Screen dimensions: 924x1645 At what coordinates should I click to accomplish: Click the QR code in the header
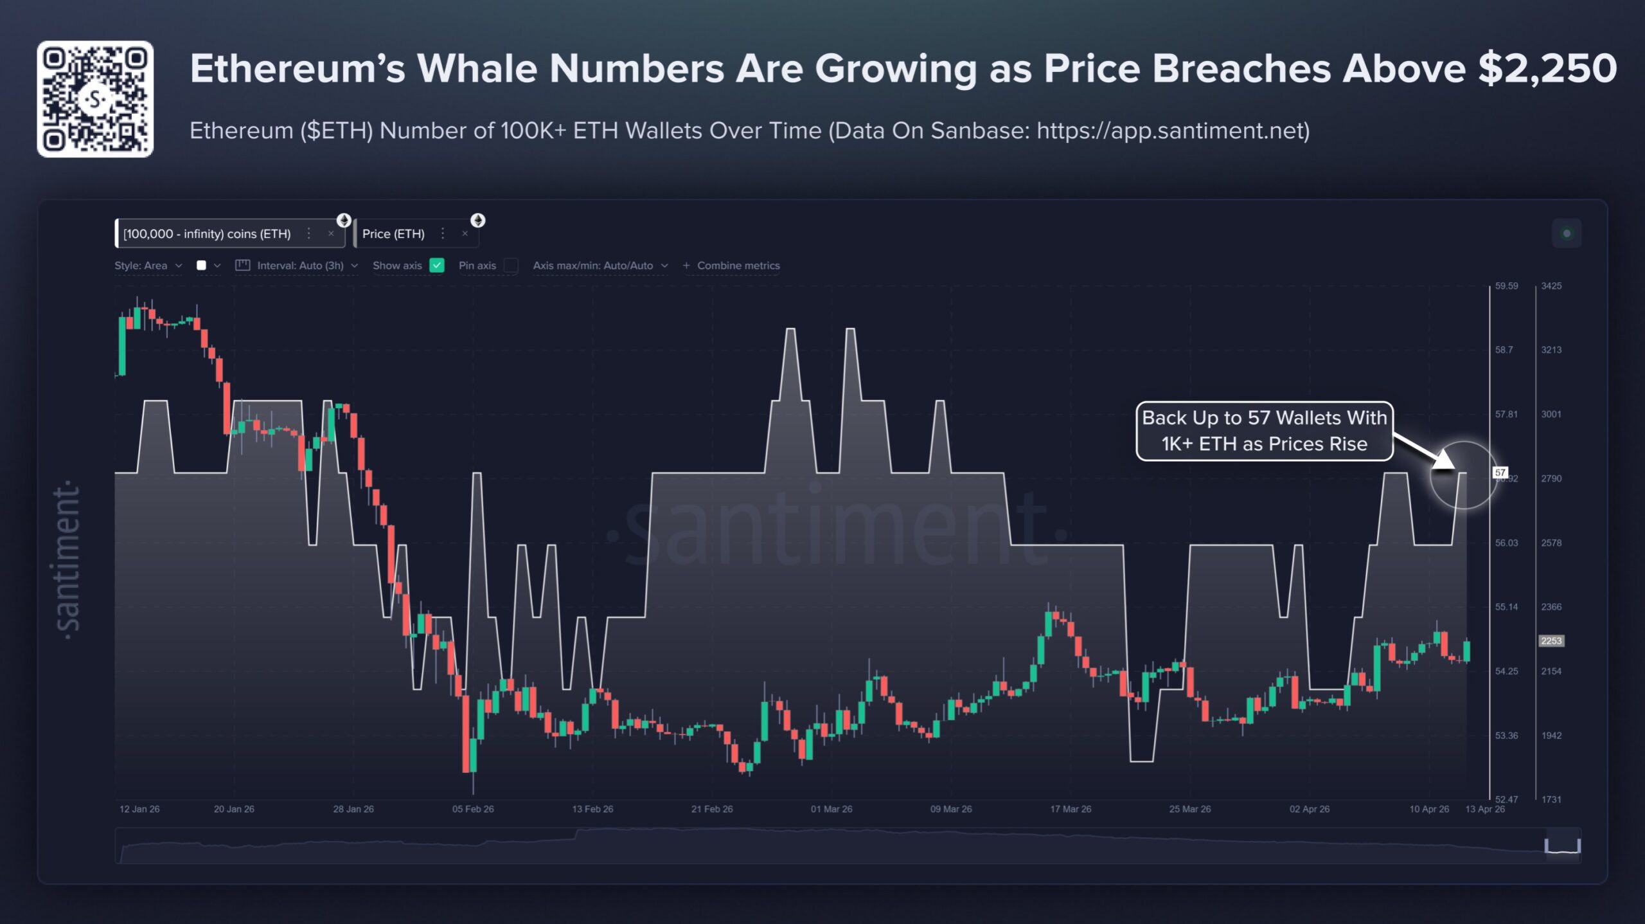click(x=95, y=99)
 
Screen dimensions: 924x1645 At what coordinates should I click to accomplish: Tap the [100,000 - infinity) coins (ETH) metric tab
click(x=207, y=234)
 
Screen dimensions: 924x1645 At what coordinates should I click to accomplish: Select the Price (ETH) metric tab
click(x=393, y=234)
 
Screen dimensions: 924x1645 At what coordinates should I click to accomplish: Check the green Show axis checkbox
click(x=437, y=266)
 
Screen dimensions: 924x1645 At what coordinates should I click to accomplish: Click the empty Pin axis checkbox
click(x=511, y=266)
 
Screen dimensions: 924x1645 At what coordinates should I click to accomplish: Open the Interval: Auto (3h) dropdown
click(x=299, y=266)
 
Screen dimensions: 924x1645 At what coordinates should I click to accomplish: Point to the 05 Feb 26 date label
click(x=473, y=809)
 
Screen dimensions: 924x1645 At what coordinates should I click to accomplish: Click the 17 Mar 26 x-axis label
click(x=1071, y=809)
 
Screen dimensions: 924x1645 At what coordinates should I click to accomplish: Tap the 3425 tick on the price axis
click(x=1551, y=286)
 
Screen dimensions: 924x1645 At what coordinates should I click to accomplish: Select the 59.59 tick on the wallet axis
click(x=1506, y=286)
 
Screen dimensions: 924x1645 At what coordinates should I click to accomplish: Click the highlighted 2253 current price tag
click(x=1551, y=641)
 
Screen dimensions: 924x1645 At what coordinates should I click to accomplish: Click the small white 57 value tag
click(x=1500, y=473)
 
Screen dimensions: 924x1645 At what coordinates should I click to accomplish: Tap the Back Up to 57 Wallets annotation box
click(x=1264, y=431)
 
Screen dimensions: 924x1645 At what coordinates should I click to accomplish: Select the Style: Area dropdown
click(x=148, y=266)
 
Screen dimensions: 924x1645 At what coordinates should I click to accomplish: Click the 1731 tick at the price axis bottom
click(x=1551, y=799)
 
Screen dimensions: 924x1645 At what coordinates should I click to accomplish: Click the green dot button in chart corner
click(x=1567, y=233)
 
